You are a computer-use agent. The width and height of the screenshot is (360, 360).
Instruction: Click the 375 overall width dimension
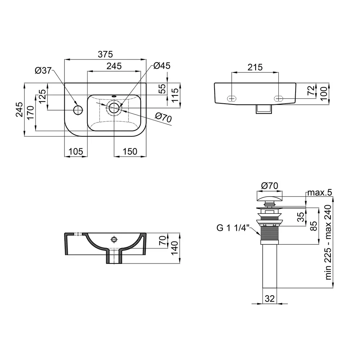105,54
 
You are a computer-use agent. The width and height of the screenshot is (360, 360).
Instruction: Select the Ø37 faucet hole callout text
43,71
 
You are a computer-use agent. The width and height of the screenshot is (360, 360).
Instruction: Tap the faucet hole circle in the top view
78,110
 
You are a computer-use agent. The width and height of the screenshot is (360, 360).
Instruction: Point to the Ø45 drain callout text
162,66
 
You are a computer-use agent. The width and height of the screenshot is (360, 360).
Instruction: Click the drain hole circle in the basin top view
114,108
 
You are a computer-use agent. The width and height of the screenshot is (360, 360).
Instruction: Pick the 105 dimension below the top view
76,152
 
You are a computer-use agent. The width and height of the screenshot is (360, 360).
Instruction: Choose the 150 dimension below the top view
130,152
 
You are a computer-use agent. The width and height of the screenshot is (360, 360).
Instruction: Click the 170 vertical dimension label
30,113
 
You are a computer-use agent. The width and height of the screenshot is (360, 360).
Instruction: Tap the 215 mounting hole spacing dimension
255,67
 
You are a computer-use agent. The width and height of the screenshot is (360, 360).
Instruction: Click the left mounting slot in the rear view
231,99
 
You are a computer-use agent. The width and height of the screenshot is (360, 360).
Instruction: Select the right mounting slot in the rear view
279,99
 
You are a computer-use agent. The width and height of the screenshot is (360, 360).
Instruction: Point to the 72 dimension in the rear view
311,90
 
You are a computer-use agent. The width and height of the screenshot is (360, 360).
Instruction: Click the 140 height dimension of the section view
175,248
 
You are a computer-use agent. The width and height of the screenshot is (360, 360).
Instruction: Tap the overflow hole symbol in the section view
114,240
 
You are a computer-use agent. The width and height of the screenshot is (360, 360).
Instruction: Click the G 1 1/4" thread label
233,228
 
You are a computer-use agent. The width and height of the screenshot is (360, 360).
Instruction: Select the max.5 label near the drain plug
320,192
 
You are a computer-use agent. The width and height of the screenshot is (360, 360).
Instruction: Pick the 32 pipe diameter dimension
270,299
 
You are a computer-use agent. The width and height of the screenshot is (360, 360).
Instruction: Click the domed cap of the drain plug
269,197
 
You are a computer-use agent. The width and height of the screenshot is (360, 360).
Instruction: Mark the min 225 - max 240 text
328,242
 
